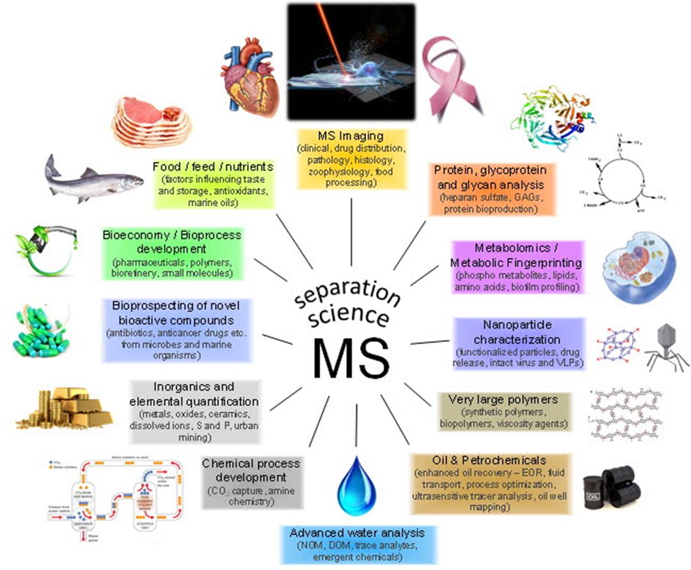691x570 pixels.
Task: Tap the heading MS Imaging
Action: click(351, 137)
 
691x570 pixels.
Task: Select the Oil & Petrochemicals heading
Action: click(489, 460)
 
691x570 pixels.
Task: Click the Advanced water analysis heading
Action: click(357, 533)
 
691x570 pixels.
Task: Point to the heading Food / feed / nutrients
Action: click(214, 167)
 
